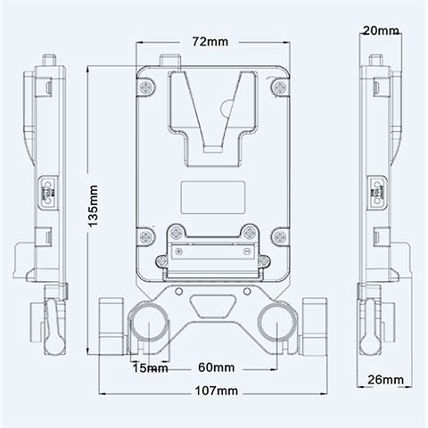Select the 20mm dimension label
click(x=381, y=30)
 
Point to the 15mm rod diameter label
click(x=149, y=367)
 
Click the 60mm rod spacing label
click(x=216, y=367)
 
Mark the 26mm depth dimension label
click(x=383, y=380)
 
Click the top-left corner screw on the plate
click(x=145, y=87)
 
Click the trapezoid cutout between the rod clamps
click(x=212, y=307)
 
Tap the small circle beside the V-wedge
click(x=229, y=111)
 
